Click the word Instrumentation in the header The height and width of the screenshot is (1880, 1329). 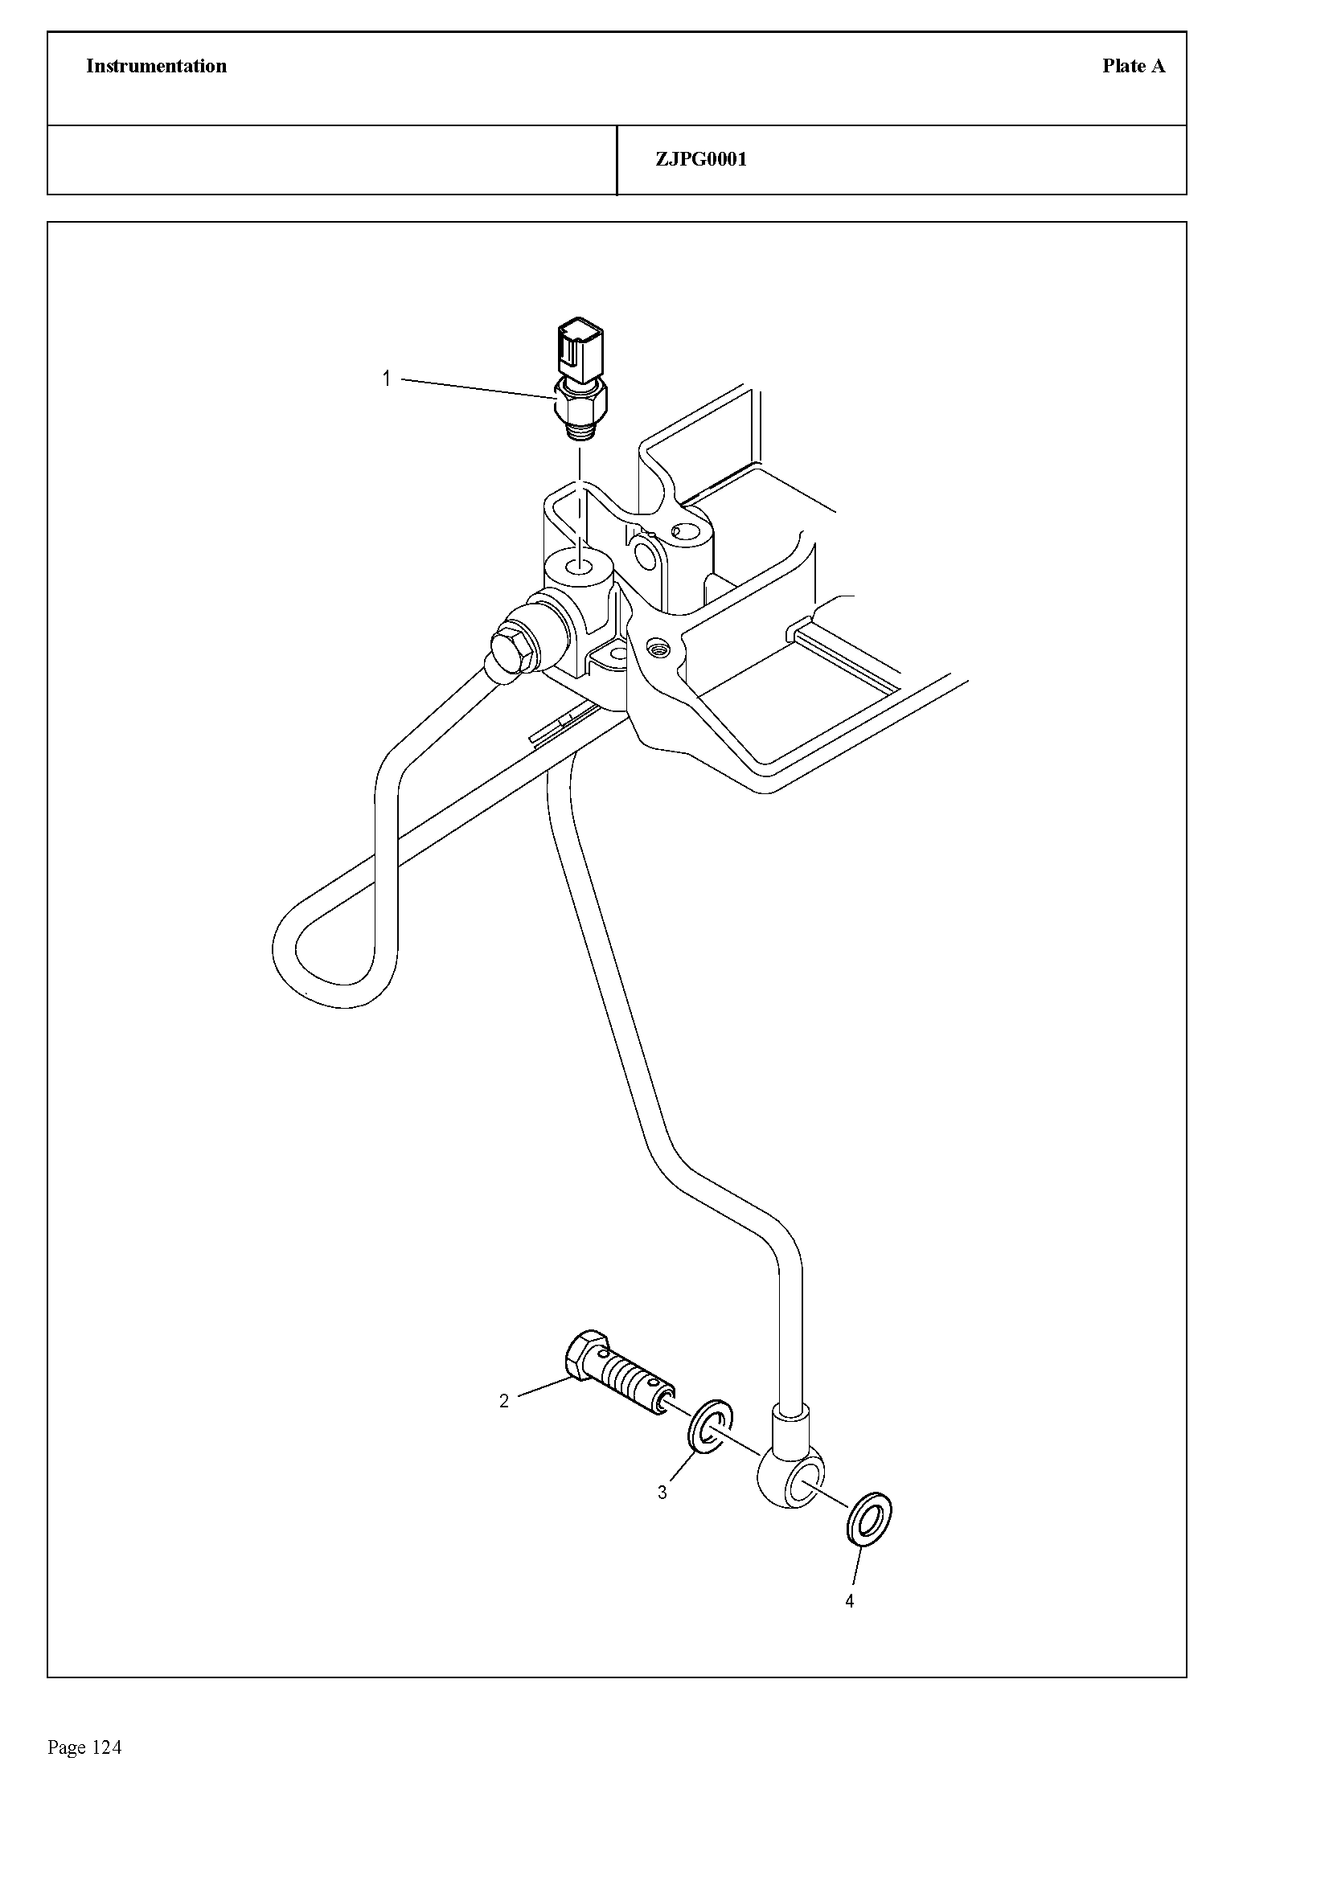(x=156, y=67)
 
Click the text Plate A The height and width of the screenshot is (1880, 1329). (x=1133, y=67)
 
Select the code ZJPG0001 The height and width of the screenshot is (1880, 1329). (x=701, y=160)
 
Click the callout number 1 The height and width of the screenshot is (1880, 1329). (x=387, y=379)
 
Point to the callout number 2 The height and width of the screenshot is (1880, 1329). (x=503, y=1401)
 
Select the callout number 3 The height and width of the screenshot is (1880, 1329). (x=662, y=1493)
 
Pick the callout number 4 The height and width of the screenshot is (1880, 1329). (x=849, y=1601)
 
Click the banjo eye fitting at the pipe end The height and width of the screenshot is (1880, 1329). (x=791, y=1480)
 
